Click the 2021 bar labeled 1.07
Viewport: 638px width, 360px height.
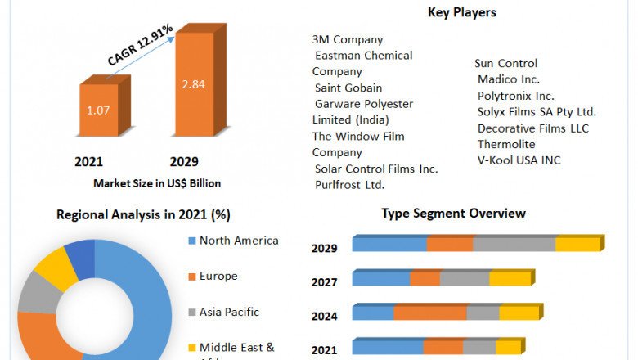[99, 110]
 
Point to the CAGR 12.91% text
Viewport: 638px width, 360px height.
[140, 46]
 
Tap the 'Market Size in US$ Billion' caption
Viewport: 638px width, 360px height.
[157, 183]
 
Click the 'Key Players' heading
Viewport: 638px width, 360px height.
[462, 12]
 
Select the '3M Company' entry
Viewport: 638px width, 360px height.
[348, 39]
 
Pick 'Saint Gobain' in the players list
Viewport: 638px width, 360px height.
[348, 88]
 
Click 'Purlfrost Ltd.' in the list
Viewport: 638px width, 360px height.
[349, 185]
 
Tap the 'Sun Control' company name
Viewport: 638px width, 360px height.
[505, 63]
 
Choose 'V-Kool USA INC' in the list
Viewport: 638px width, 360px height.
[519, 160]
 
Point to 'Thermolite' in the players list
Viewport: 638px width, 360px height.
[506, 144]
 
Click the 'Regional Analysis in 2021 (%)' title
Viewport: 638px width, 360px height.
[143, 215]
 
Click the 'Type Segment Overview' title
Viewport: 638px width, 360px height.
[453, 214]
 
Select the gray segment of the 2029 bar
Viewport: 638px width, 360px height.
[514, 244]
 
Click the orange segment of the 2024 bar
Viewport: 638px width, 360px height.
[430, 313]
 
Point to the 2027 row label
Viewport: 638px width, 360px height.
[324, 282]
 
